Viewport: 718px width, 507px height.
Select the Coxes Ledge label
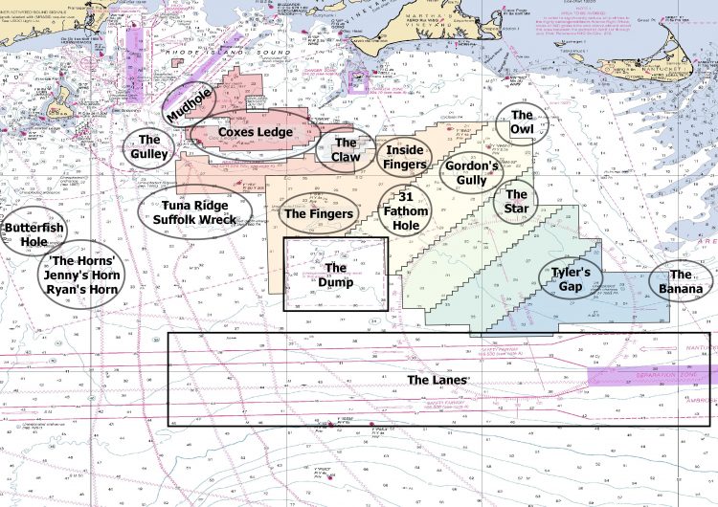pos(256,132)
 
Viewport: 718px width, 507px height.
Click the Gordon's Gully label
pos(472,171)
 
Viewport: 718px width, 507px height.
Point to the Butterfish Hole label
pos(26,234)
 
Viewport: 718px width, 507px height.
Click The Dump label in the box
pos(335,275)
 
